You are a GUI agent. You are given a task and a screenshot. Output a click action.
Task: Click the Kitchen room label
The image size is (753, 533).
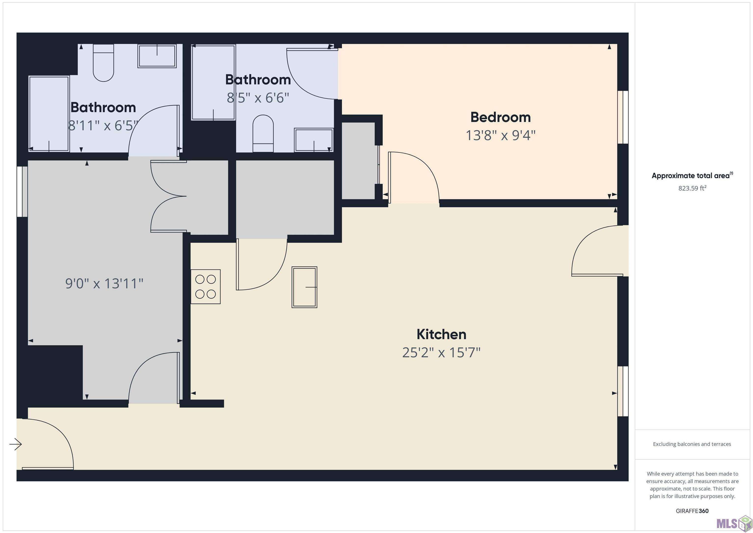coord(441,334)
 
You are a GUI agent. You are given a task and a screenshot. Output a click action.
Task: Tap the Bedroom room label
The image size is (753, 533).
coord(501,117)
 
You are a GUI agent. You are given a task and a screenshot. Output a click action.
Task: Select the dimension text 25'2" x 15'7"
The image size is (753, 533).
coord(441,352)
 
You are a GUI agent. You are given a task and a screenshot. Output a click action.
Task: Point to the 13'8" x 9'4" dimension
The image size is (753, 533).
coord(501,135)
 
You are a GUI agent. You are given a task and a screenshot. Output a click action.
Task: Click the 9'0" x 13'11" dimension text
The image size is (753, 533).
coord(104,283)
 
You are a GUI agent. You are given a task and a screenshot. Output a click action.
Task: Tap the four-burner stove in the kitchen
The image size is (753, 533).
coord(206,286)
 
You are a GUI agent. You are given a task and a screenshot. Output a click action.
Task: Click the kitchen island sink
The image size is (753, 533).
coord(304,287)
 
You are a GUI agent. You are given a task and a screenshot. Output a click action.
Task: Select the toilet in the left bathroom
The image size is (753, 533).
coord(103,63)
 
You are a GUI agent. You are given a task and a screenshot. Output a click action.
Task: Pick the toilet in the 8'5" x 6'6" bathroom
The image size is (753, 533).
coord(263,133)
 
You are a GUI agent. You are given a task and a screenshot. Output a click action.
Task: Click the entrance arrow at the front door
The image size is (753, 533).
coord(15,445)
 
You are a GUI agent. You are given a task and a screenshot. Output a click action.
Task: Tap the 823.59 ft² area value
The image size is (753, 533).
coord(692,188)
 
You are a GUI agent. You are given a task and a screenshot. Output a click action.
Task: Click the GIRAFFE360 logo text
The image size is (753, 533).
coord(692,511)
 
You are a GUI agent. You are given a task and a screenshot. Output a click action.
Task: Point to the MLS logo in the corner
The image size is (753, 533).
coord(734,522)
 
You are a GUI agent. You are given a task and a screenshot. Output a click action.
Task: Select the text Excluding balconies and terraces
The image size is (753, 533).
coord(692,444)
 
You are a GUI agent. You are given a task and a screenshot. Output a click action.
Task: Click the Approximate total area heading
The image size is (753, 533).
coord(692,176)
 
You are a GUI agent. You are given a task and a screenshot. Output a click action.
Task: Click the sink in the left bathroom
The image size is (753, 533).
coord(157,56)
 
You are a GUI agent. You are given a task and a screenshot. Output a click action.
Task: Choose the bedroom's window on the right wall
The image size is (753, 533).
coord(623,117)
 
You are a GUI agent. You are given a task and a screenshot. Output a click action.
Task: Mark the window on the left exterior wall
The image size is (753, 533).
coord(22,192)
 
